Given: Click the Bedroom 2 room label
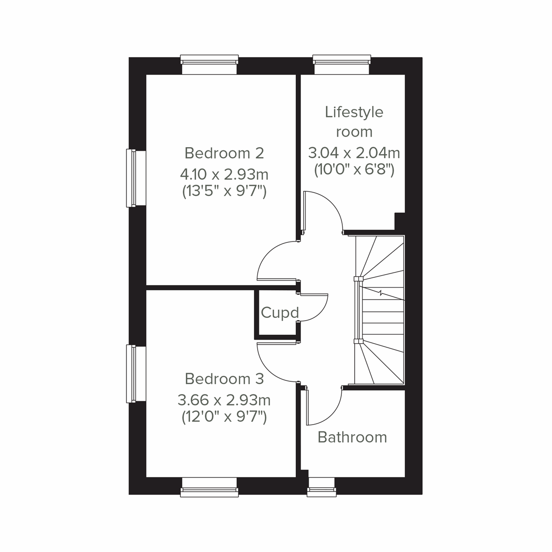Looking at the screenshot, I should (x=224, y=153).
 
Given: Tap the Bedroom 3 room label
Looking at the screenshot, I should (x=224, y=379).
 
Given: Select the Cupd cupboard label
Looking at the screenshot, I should (x=280, y=313).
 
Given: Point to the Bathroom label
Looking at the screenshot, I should (x=352, y=437).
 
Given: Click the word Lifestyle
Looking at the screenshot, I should (x=354, y=112).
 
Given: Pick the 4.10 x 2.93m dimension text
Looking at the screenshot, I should (x=224, y=175).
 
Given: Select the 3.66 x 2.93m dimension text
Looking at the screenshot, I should (x=224, y=400).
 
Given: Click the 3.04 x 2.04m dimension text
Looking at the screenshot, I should (x=354, y=152).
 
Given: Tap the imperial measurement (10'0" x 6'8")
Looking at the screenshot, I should (x=354, y=170).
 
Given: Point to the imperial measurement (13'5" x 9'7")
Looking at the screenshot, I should (x=224, y=191).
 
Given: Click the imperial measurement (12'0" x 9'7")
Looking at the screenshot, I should (x=224, y=417).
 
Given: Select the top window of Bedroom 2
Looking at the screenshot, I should (x=209, y=64).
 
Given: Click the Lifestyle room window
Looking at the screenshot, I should (x=341, y=64).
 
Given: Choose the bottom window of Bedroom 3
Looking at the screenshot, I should (x=209, y=487).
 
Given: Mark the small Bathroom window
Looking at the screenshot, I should (x=322, y=487).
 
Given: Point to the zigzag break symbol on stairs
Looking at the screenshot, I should (x=381, y=293).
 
